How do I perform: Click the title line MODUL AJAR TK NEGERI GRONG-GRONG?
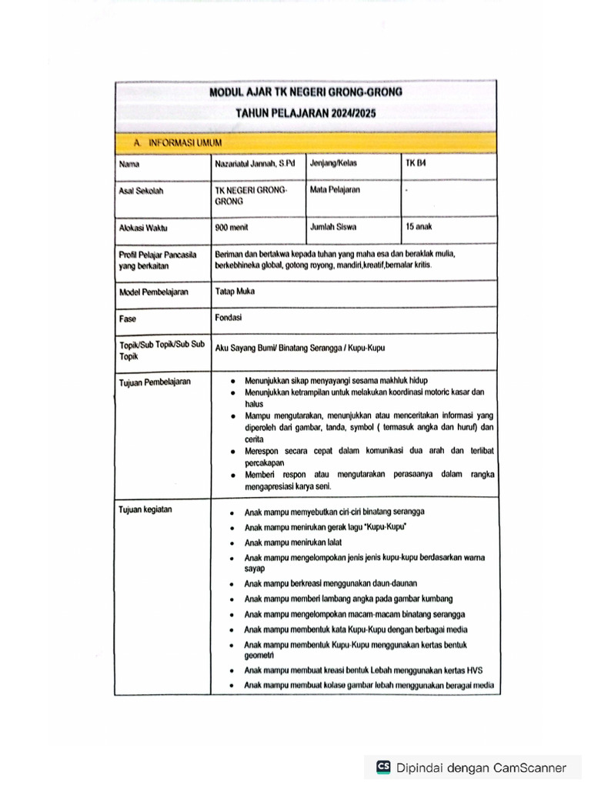tap(306, 92)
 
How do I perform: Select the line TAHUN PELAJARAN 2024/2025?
tap(306, 112)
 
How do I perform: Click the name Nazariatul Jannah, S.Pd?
tap(255, 163)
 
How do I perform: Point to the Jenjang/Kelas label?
tap(333, 163)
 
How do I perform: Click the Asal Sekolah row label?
tap(142, 189)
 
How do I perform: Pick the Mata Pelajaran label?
tap(335, 189)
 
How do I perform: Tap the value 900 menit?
tap(232, 228)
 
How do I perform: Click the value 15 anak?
tap(420, 228)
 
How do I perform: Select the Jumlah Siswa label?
tap(333, 228)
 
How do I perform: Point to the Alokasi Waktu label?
tap(143, 229)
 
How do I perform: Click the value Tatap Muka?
tap(235, 292)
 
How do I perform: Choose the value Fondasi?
tap(228, 317)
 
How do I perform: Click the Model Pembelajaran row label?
tap(154, 292)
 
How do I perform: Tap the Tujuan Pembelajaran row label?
tap(155, 381)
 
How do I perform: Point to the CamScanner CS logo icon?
tap(383, 767)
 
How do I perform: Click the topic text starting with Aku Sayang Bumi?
tap(300, 348)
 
